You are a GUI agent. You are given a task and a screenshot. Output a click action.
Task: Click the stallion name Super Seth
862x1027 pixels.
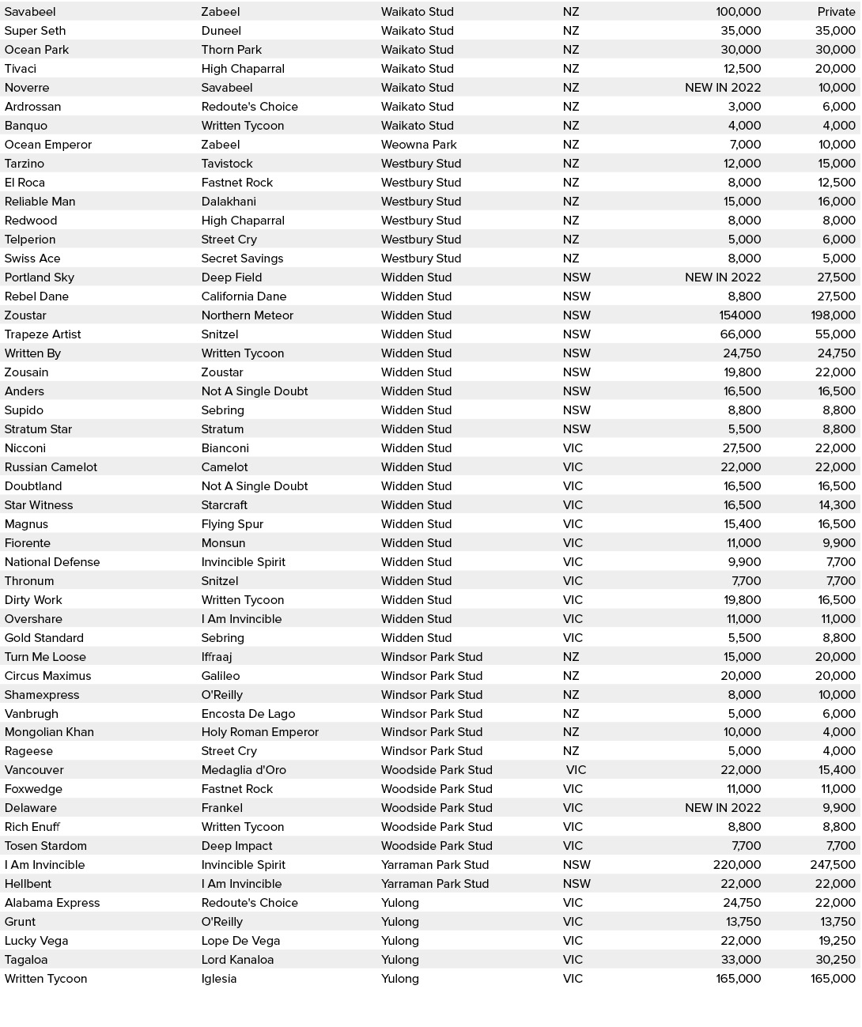point(36,31)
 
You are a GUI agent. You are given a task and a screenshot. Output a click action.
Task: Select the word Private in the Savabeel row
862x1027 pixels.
point(836,12)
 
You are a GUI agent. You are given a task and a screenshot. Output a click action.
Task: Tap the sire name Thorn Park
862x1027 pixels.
point(232,50)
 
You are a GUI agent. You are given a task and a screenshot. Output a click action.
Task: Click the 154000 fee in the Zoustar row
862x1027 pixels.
point(740,315)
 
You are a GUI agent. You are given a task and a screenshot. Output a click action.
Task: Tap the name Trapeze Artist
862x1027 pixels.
point(43,334)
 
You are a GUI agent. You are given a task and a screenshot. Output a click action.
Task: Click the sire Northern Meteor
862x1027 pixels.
point(248,315)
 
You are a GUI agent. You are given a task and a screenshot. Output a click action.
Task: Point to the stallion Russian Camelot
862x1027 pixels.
point(51,467)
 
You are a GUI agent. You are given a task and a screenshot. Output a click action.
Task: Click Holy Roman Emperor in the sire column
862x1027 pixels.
point(260,732)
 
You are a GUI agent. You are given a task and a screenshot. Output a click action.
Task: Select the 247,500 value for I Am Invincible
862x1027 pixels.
point(833,865)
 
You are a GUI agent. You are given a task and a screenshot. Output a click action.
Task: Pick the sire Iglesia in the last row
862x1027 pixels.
point(219,979)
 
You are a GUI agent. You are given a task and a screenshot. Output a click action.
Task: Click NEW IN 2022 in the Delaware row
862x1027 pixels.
point(723,808)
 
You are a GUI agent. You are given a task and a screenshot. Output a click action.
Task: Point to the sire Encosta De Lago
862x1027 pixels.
point(248,714)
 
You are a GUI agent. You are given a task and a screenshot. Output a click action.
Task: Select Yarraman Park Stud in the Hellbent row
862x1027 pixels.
point(435,884)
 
